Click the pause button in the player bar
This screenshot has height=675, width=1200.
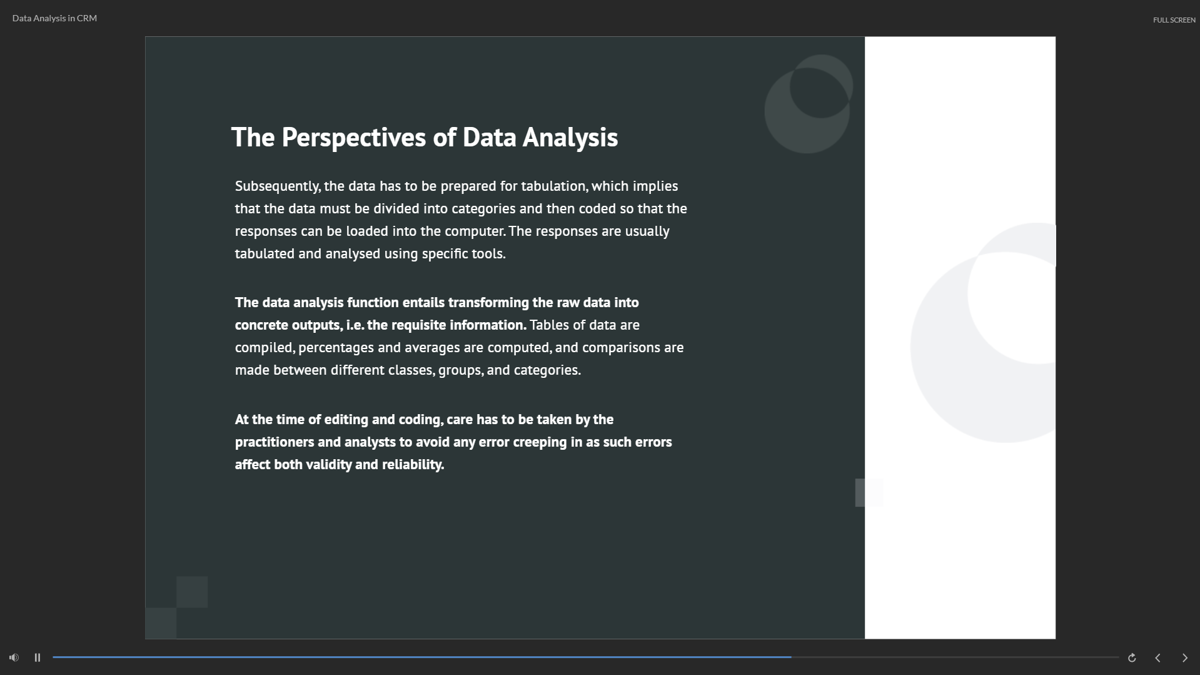click(38, 657)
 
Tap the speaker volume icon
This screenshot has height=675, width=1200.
click(14, 657)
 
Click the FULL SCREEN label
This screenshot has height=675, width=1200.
click(1174, 20)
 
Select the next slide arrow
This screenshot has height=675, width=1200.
click(1184, 657)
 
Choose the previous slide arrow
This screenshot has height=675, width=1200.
click(1157, 657)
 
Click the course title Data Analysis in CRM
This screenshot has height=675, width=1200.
click(54, 18)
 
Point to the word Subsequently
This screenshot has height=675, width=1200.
click(277, 186)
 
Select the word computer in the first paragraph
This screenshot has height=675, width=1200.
click(474, 231)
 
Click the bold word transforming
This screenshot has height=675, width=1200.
click(488, 303)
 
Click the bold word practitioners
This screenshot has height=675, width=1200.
click(275, 442)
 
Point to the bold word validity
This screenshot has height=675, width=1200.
click(329, 465)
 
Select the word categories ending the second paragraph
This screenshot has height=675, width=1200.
click(547, 370)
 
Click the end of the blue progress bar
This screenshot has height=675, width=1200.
click(791, 657)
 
